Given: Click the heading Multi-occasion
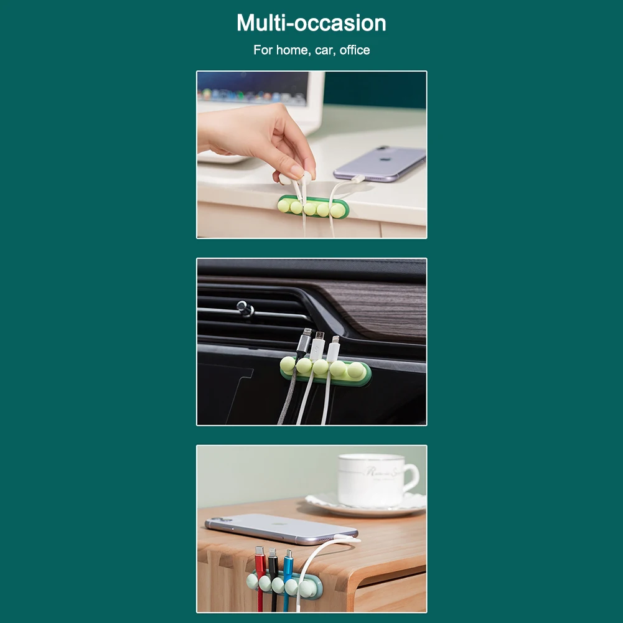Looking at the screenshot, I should tap(311, 23).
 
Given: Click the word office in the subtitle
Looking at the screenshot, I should tap(355, 50).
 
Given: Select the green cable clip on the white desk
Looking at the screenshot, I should tap(311, 207).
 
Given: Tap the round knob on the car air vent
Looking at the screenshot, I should tap(244, 307).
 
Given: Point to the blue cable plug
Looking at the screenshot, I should tap(288, 563).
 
